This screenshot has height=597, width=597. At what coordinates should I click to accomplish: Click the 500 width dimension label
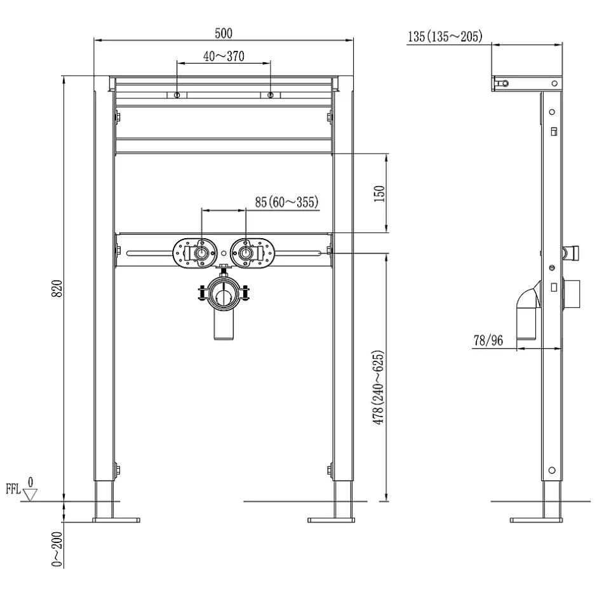point(224,34)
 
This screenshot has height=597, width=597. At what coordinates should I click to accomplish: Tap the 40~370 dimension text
point(224,57)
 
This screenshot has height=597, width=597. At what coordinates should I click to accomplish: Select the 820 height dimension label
point(57,288)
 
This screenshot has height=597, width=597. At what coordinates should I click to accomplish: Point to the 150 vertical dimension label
point(380,194)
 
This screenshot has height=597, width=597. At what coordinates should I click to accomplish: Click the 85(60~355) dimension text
point(286,202)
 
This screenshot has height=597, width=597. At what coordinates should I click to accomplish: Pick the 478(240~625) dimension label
point(379,387)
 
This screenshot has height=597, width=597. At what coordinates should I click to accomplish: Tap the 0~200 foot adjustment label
point(57,549)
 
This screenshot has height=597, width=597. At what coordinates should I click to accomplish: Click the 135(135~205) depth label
point(445,37)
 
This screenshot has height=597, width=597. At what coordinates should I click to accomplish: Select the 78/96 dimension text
point(488,340)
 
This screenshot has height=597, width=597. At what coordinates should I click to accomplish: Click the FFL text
point(13,488)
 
